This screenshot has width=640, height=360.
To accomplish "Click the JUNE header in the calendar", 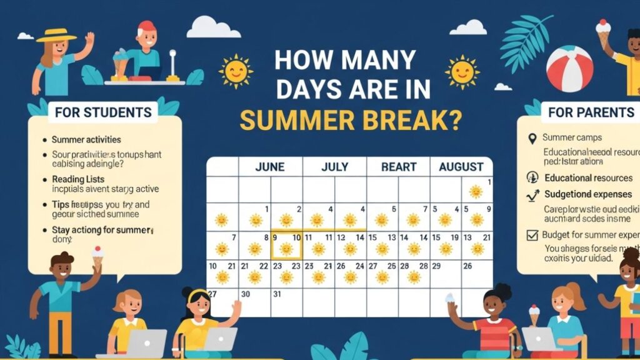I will pyautogui.click(x=270, y=167).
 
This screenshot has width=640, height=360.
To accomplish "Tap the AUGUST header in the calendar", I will pyautogui.click(x=461, y=167).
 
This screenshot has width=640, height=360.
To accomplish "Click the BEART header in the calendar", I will pyautogui.click(x=398, y=167).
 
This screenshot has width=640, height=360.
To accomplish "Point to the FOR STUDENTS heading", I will pyautogui.click(x=103, y=112).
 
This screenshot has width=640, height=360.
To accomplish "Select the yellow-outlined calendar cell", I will pyautogui.click(x=286, y=245).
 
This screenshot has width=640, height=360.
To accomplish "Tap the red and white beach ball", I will pyautogui.click(x=569, y=69).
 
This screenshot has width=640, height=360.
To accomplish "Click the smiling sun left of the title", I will pyautogui.click(x=235, y=71).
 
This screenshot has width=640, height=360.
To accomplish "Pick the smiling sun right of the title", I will pyautogui.click(x=462, y=71).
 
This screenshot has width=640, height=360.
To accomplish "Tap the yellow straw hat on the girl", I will pyautogui.click(x=56, y=35).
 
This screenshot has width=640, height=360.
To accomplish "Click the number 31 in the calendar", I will pyautogui.click(x=277, y=294).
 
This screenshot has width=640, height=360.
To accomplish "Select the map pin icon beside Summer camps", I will pyautogui.click(x=532, y=138).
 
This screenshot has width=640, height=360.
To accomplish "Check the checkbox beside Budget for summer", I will pyautogui.click(x=532, y=235).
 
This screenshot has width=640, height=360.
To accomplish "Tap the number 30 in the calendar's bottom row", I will pyautogui.click(x=246, y=294).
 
